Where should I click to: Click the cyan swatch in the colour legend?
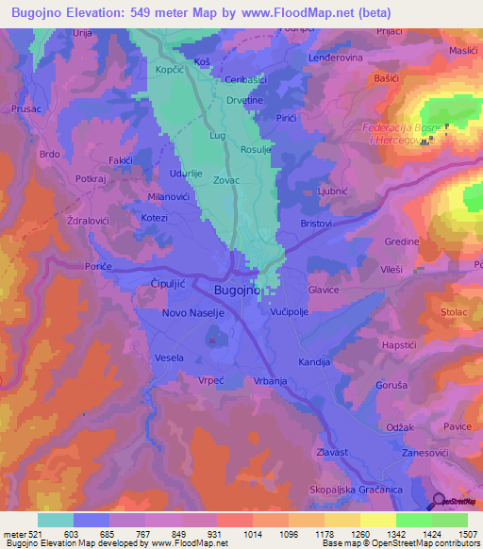[55, 520]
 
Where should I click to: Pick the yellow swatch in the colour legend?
[377, 520]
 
